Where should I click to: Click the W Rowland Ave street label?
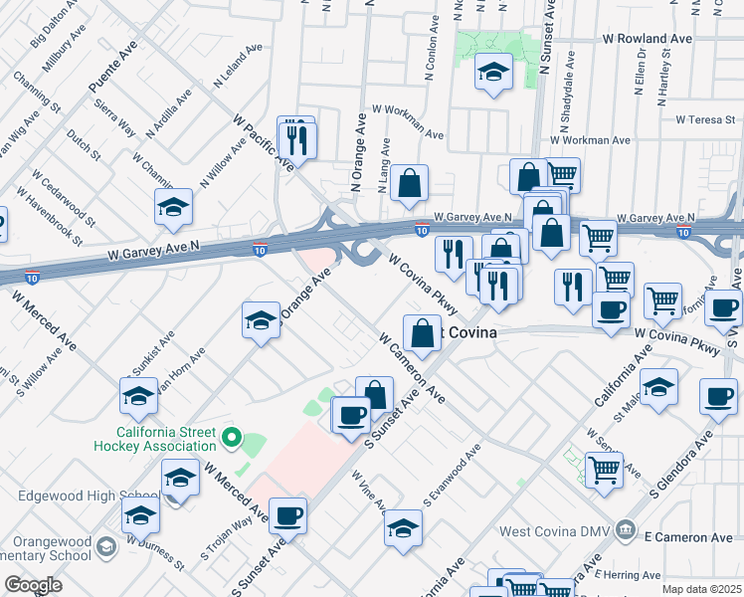click(x=648, y=39)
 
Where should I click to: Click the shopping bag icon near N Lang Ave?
click(x=409, y=184)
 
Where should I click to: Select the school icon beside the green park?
click(x=492, y=73)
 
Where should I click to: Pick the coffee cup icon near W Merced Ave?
click(x=287, y=514)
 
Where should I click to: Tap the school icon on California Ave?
click(x=658, y=387)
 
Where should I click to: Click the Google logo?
click(x=33, y=585)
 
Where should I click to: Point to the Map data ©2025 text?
click(x=701, y=589)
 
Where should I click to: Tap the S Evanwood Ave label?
click(x=452, y=473)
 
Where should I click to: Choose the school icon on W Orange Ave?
click(x=261, y=321)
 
